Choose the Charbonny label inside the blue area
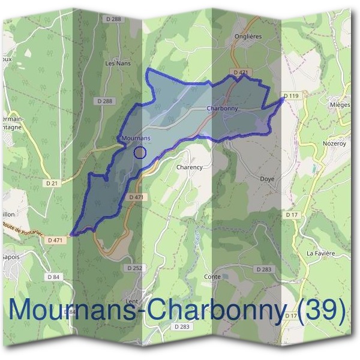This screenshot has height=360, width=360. click(222, 109)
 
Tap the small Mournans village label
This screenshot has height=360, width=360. click(135, 138)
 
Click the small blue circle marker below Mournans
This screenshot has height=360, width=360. click(140, 152)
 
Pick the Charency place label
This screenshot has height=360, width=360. click(189, 167)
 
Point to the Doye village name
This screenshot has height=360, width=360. click(266, 179)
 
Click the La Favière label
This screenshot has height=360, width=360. click(320, 254)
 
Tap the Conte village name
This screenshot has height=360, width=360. click(212, 277)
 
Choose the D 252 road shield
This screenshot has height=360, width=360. click(134, 268)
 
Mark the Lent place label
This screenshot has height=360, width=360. click(132, 301)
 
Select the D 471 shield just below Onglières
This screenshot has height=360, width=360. click(239, 73)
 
